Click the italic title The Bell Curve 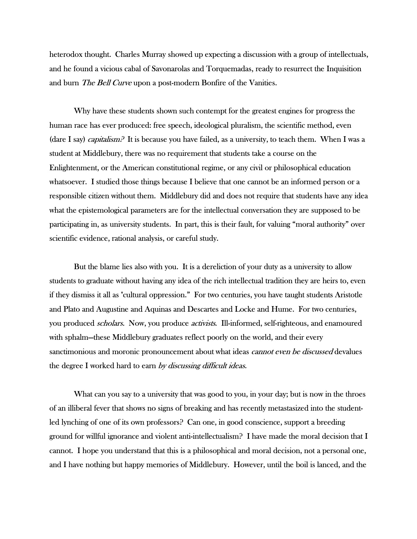tap(107, 83)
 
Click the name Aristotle tap(348, 295)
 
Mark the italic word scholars tap(110, 323)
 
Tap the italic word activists tap(203, 323)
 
